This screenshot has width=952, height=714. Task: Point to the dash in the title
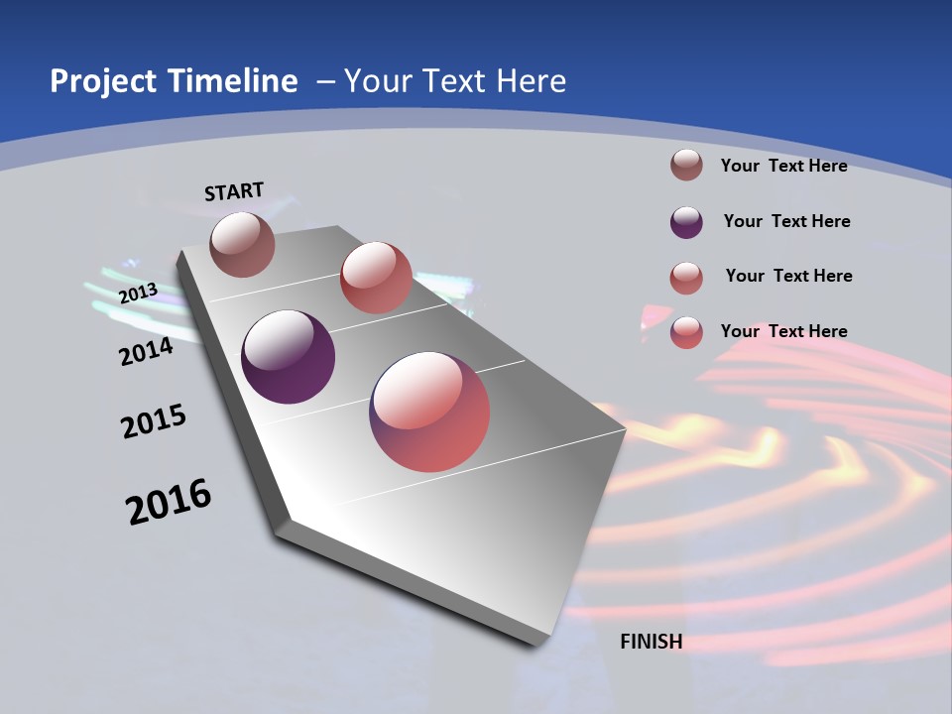(x=325, y=81)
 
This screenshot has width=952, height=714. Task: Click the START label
(x=234, y=191)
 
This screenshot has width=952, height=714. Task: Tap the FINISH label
(x=651, y=642)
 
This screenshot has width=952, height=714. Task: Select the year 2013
(x=138, y=294)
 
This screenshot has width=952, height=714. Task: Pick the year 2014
(x=146, y=351)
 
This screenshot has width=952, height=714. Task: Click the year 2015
(x=154, y=422)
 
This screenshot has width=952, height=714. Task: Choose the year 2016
(x=169, y=502)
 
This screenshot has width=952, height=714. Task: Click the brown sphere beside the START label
(x=242, y=244)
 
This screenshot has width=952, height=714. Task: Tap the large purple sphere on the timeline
(x=288, y=357)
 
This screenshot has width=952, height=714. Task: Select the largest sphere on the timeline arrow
(x=429, y=412)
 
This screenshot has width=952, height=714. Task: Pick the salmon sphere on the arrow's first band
(x=376, y=278)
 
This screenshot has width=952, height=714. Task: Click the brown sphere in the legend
(x=686, y=165)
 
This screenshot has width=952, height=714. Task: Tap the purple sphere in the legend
(x=686, y=222)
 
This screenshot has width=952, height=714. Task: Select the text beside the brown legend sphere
(x=783, y=166)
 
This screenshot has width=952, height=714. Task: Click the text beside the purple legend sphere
(x=786, y=221)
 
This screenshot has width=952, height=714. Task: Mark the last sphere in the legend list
(x=686, y=332)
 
